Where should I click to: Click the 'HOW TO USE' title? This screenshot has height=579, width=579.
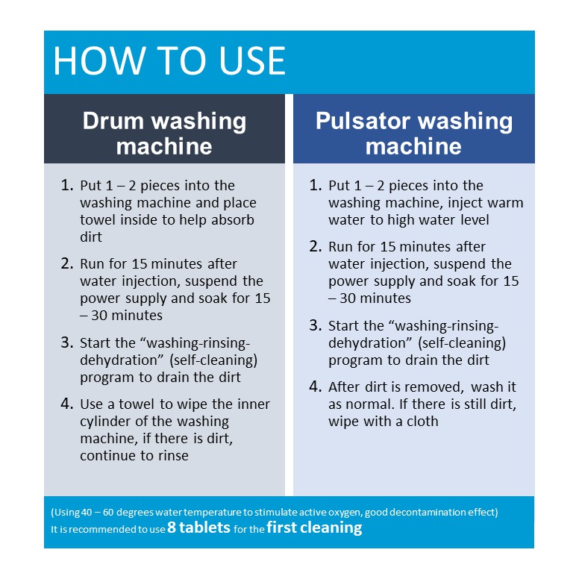click(x=169, y=61)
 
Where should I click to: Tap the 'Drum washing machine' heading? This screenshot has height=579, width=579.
click(x=164, y=134)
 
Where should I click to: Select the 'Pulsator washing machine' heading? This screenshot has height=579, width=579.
click(x=414, y=134)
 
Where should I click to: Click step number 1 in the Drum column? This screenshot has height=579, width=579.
click(x=67, y=185)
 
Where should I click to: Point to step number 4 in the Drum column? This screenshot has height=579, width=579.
click(x=67, y=404)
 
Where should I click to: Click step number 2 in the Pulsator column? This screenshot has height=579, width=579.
click(x=316, y=246)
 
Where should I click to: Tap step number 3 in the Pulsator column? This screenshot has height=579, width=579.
click(x=316, y=325)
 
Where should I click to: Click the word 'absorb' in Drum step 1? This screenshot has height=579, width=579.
click(x=233, y=219)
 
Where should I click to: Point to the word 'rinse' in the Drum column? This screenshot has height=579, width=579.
click(x=173, y=456)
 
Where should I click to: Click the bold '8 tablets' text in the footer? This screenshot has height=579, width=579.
click(x=198, y=528)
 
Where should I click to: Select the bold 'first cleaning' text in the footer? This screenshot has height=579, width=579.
click(x=314, y=528)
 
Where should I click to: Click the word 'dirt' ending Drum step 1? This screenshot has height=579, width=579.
click(x=91, y=237)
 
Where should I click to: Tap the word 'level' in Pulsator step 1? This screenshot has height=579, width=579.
click(x=475, y=220)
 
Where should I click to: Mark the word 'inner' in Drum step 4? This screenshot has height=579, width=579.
click(x=254, y=404)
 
